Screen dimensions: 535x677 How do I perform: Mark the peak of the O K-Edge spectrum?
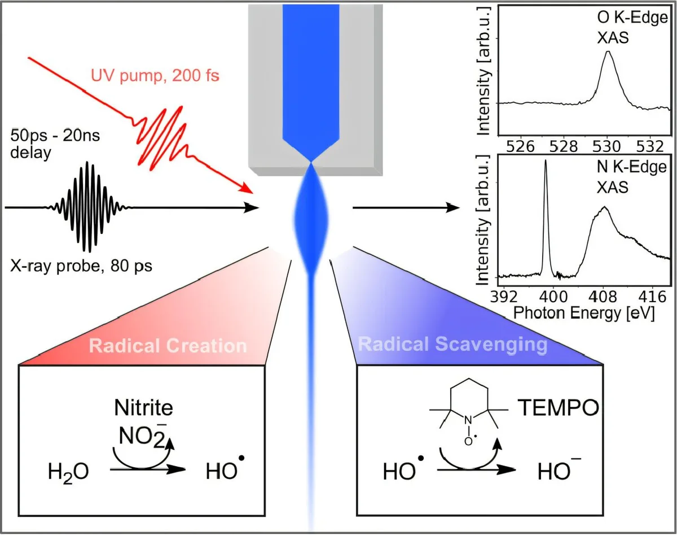tap(608, 53)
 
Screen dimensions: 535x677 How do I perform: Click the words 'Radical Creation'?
tap(168, 346)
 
